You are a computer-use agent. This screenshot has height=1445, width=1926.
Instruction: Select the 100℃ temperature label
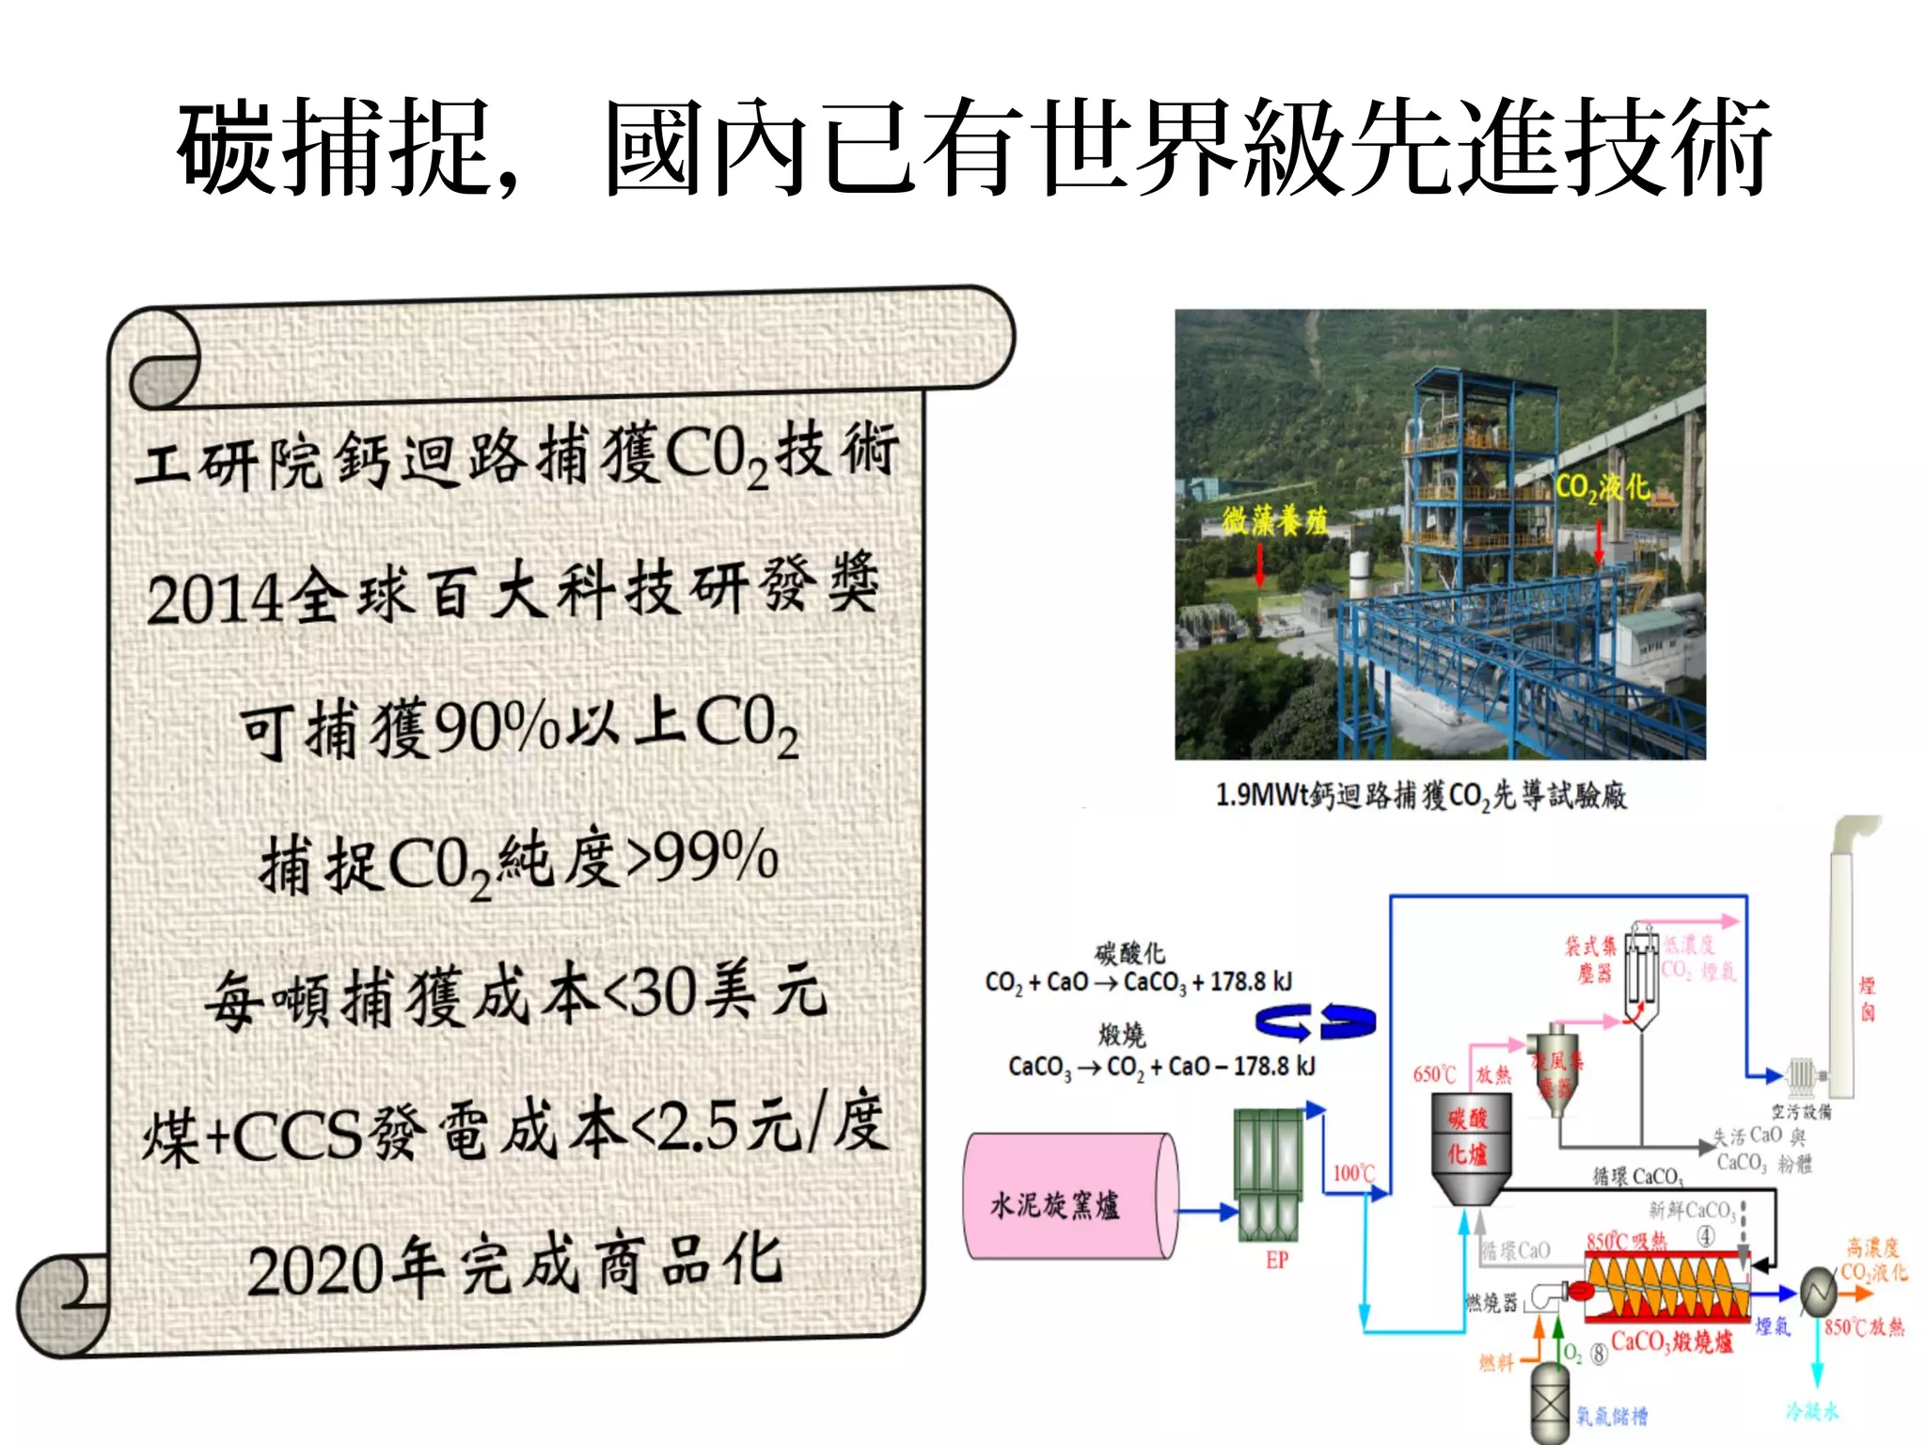(x=1353, y=1173)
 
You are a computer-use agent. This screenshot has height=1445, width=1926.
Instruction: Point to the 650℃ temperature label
(x=1434, y=1074)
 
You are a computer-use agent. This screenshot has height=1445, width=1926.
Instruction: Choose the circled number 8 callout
(x=1599, y=1355)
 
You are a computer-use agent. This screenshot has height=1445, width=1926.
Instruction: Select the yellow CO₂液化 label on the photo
(x=1602, y=487)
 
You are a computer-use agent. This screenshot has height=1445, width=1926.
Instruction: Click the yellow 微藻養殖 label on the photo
(x=1274, y=520)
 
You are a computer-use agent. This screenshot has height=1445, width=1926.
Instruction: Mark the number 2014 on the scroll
(x=214, y=599)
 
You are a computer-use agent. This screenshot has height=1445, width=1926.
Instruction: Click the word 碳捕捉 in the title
(x=334, y=149)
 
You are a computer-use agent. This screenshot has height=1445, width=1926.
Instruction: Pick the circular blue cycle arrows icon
(x=1315, y=1022)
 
